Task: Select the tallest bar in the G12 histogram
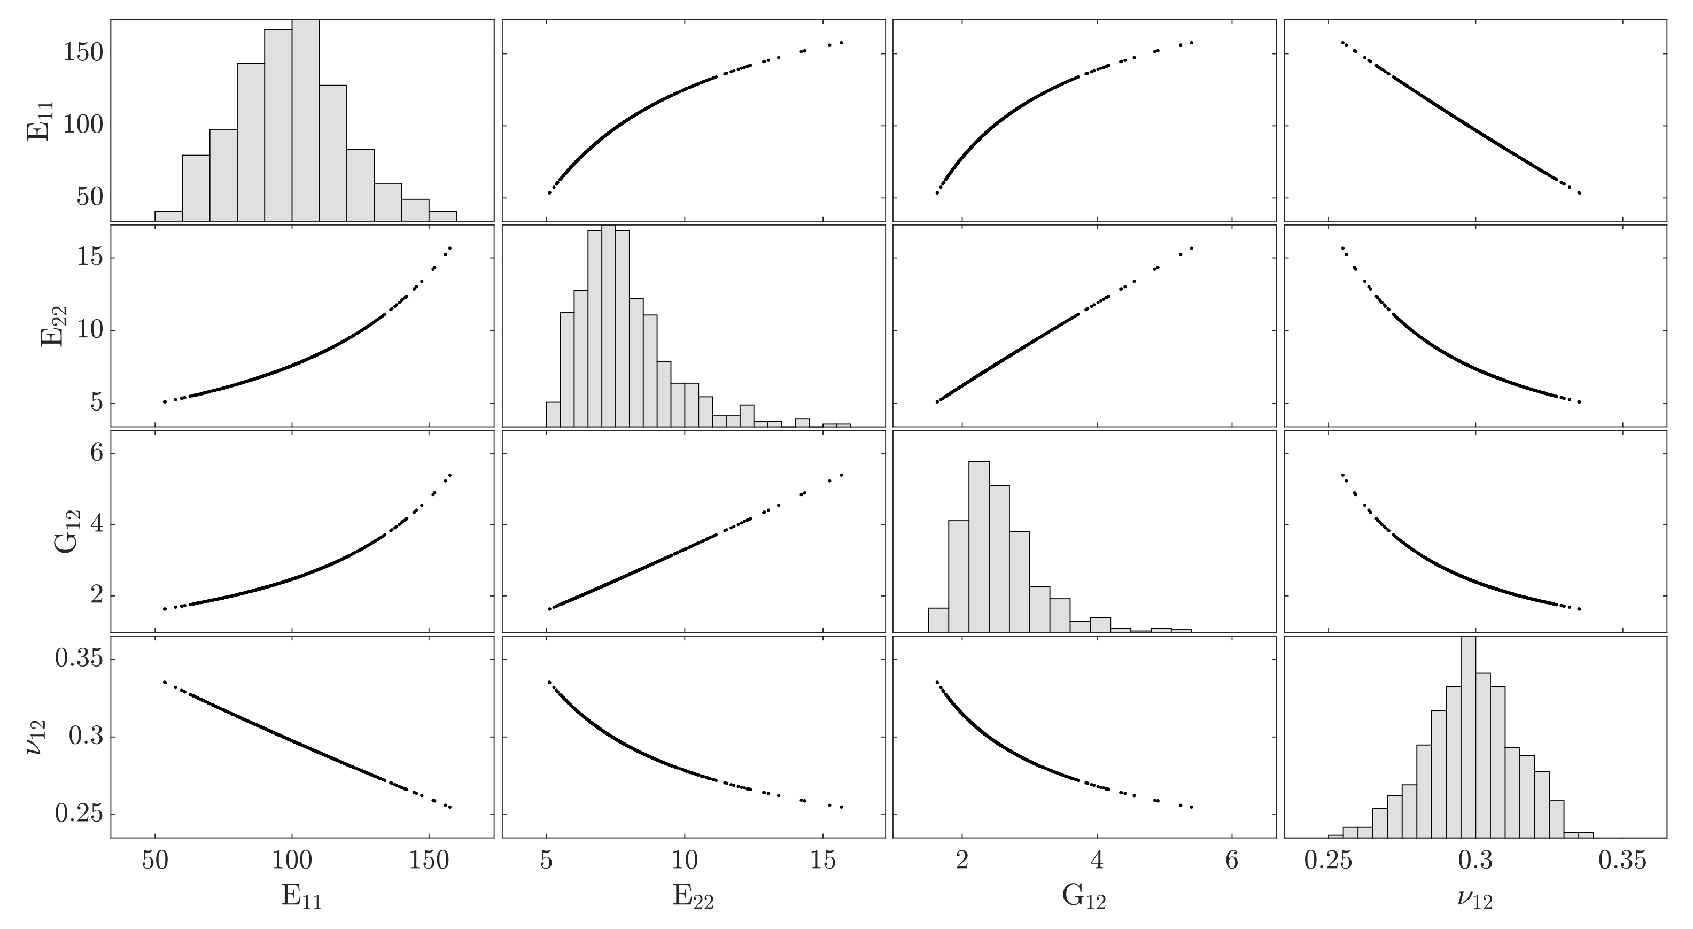978,546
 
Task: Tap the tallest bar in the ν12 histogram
1467,737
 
